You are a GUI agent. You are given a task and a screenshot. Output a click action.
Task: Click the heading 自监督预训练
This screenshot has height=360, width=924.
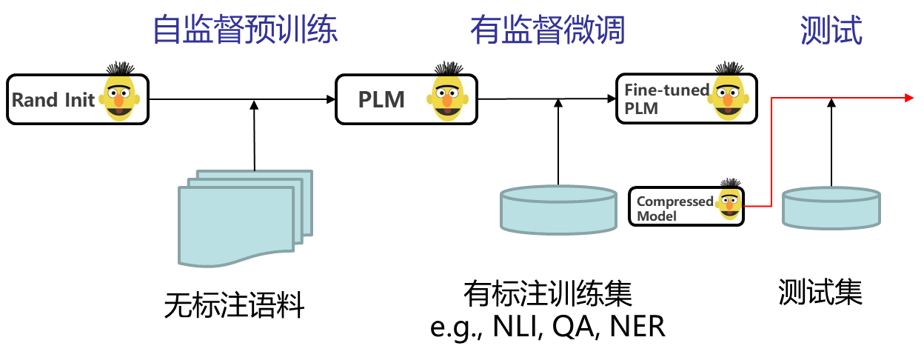tap(245, 30)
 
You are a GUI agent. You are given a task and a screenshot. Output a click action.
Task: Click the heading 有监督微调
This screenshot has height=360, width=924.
tap(547, 30)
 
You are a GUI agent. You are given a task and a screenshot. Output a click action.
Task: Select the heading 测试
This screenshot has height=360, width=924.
tap(831, 30)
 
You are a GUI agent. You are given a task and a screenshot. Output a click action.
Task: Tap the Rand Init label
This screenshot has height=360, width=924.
tap(53, 100)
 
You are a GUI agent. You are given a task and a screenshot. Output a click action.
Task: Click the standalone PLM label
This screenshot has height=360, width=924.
tap(381, 100)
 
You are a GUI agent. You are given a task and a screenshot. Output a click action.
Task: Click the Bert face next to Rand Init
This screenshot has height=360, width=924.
tap(121, 92)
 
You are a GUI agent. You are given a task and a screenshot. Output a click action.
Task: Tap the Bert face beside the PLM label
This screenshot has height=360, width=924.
tap(449, 92)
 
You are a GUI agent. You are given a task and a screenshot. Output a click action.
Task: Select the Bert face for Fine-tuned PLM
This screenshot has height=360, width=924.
tap(729, 92)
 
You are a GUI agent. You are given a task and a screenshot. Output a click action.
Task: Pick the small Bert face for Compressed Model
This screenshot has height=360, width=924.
tap(730, 200)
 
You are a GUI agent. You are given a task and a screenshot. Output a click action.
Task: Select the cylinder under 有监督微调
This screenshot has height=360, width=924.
tap(558, 210)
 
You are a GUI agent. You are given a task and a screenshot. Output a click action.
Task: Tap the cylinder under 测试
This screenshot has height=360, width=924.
tap(831, 207)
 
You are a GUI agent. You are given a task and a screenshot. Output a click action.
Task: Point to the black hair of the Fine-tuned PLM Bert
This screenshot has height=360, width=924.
tap(729, 67)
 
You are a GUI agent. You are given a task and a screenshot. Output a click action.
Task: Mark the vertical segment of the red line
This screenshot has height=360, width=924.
tap(772, 152)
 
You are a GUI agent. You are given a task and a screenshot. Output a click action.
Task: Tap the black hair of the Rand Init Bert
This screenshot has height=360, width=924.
tap(121, 67)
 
